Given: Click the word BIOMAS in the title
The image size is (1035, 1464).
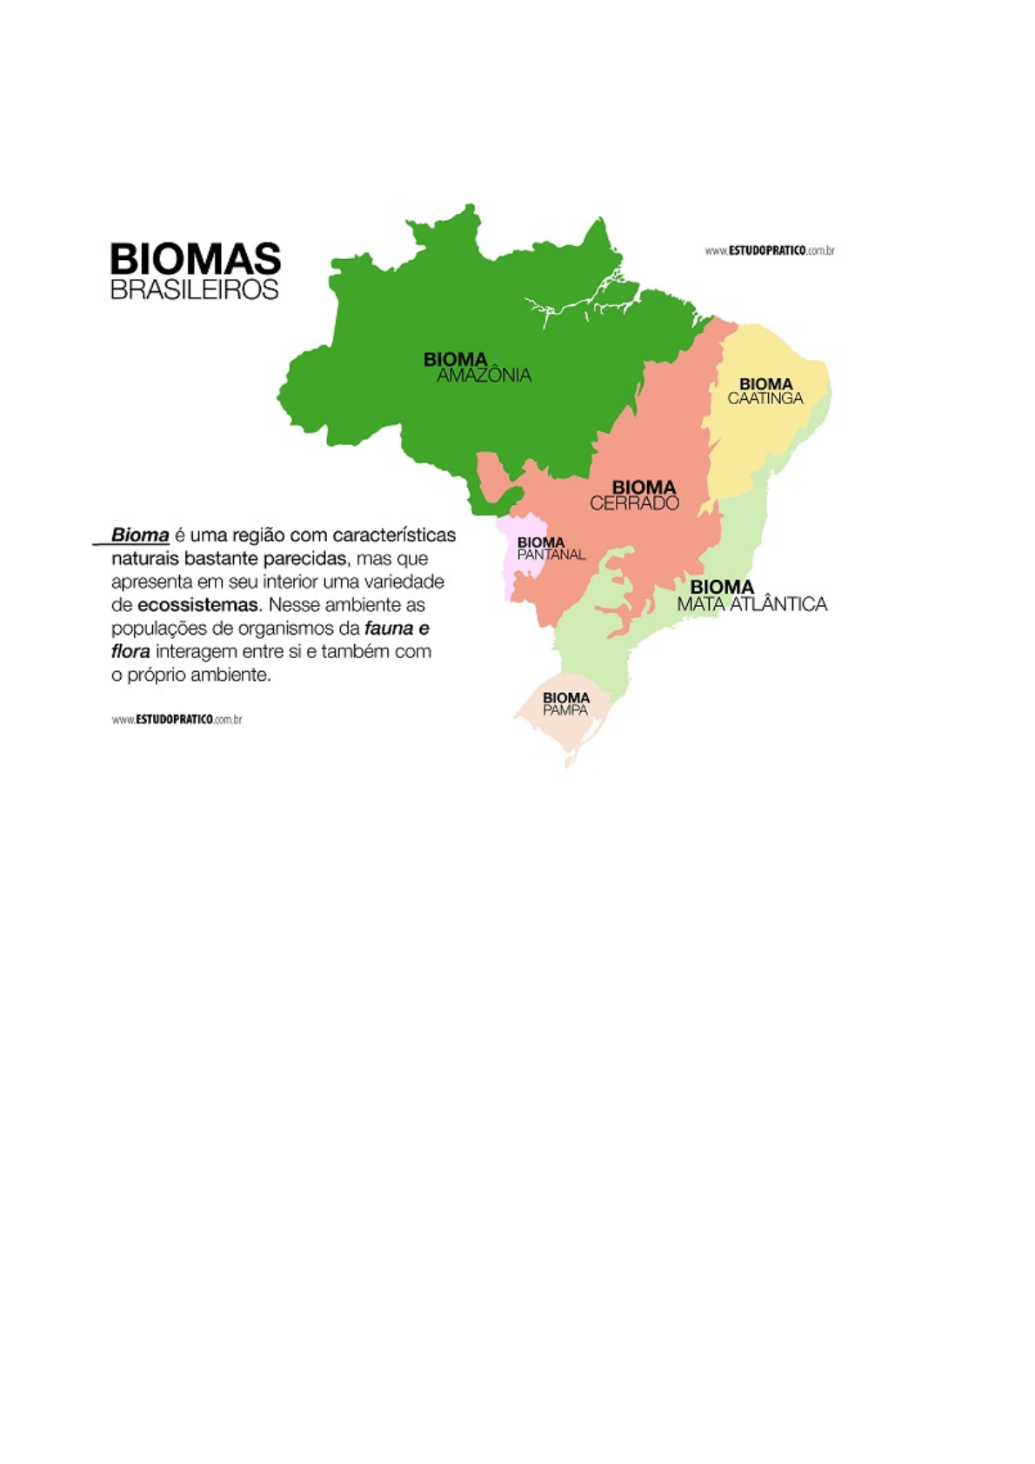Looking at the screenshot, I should click(195, 259).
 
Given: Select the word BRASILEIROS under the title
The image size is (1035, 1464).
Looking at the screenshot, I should click(194, 290).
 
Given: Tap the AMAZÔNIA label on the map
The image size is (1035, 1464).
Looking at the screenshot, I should click(484, 376).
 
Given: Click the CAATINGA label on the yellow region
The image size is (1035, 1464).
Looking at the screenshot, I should click(765, 399).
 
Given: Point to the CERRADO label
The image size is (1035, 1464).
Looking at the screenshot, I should click(634, 503).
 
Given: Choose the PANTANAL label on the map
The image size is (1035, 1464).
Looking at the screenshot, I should click(551, 555).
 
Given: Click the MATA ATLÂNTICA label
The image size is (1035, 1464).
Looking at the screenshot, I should click(752, 604).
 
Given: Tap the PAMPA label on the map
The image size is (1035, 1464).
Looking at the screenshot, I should click(565, 710).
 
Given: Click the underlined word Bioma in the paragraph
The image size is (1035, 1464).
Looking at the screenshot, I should click(140, 535).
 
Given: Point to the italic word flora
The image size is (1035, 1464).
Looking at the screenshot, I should click(130, 652).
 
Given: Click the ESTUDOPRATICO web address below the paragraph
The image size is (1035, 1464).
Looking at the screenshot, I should click(177, 720).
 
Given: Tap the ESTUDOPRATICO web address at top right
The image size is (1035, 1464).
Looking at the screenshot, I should click(770, 251).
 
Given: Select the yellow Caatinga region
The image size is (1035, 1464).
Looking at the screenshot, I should click(757, 443).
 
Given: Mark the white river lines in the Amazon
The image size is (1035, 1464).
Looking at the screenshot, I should click(574, 304).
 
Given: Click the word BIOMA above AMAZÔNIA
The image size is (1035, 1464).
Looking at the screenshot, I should click(455, 359).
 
